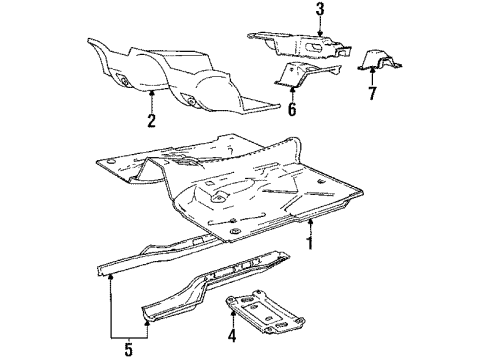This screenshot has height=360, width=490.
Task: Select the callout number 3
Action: (x=292, y=9)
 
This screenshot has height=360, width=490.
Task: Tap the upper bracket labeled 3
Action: (x=300, y=46)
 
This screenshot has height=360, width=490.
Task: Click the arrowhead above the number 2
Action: (x=150, y=91)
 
